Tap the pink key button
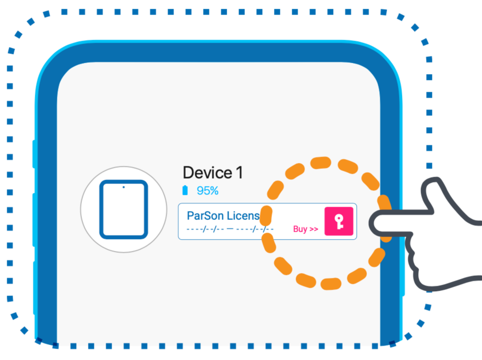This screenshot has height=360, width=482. [x=338, y=222]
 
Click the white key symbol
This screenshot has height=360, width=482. [x=339, y=222]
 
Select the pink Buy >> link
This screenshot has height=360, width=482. [x=306, y=229]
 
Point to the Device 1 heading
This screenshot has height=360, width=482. [x=212, y=173]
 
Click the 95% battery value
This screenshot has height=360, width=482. [x=207, y=191]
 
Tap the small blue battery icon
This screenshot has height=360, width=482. [x=185, y=190]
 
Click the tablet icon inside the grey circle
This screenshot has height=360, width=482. [x=124, y=209]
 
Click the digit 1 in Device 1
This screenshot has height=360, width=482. [x=239, y=173]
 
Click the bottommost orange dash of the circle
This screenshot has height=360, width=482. [x=330, y=283]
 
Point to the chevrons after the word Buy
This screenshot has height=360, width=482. [x=314, y=229]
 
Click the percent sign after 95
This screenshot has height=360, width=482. [x=214, y=191]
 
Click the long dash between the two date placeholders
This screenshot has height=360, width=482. [x=230, y=229]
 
